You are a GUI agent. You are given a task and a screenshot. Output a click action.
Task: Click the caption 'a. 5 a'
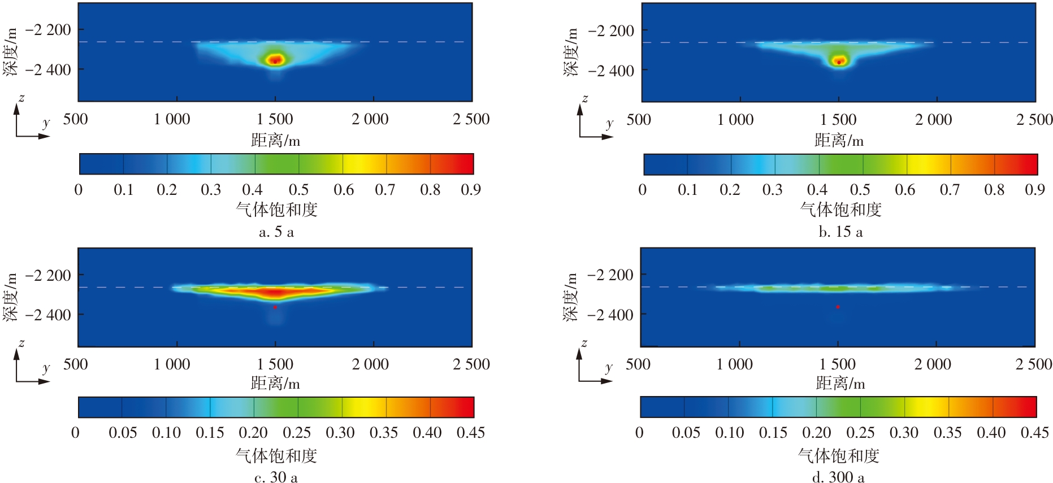coord(276,232)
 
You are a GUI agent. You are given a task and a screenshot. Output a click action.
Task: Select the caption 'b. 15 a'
coord(840,232)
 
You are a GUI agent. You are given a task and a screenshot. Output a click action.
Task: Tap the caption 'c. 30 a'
coord(276,477)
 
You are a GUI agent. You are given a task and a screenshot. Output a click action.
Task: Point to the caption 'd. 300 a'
coord(838,477)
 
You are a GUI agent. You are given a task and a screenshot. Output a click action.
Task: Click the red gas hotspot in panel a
coord(275,59)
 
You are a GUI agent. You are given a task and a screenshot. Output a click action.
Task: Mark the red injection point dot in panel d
coord(838,307)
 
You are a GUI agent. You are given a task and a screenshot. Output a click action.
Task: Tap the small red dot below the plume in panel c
coord(275,307)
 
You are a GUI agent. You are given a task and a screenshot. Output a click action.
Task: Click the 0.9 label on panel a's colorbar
coord(471,190)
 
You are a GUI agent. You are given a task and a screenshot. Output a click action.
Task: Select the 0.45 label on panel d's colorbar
coord(1034,433)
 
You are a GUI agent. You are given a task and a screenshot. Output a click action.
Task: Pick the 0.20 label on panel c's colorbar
coord(253,433)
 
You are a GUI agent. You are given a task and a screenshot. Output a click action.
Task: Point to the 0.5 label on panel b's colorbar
coord(860,190)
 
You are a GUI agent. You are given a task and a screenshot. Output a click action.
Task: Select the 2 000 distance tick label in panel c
coord(370,364)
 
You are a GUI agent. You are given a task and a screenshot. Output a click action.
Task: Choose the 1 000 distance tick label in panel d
coord(734,364)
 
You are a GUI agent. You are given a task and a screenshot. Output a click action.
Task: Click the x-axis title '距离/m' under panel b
coord(839,140)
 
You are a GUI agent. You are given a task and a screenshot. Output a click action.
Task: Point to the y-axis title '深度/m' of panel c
coord(11,297)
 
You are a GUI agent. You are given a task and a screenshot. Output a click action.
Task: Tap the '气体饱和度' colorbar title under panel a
coord(276,210)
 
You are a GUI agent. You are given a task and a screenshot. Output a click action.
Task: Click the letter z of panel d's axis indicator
coord(584,343)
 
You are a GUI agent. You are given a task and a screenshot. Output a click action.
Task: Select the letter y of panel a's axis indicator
coord(46,123)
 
